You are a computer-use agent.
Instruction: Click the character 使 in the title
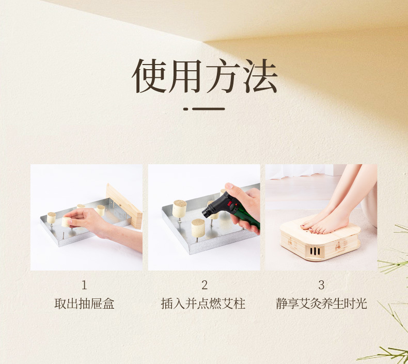(150, 76)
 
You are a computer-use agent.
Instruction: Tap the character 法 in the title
(260, 76)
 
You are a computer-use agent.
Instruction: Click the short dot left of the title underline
(185, 109)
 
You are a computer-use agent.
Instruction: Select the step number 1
(84, 285)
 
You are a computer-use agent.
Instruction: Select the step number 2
(205, 285)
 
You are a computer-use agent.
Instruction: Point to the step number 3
(321, 285)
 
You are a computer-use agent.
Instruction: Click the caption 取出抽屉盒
(84, 304)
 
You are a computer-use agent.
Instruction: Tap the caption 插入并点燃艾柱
(203, 304)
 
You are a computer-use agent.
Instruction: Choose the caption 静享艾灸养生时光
(321, 304)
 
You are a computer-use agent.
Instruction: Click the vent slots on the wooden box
(315, 251)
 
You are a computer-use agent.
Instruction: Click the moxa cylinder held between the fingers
(66, 222)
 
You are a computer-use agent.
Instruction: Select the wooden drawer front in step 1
(124, 206)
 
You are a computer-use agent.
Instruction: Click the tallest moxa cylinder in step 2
(180, 209)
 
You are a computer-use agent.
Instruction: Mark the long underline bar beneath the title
(209, 109)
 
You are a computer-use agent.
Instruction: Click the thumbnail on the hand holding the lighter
(229, 186)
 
